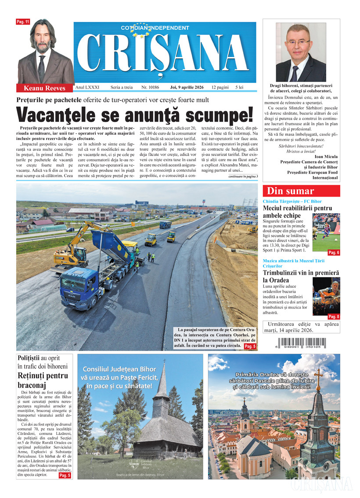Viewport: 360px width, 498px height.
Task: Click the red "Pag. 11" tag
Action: (x=22, y=21)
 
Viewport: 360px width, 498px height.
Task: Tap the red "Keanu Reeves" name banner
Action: (x=44, y=88)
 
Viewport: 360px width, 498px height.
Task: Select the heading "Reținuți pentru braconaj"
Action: (x=43, y=380)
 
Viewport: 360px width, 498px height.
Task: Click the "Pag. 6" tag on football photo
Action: (x=334, y=253)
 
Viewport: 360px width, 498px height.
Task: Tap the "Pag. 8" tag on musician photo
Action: (x=334, y=316)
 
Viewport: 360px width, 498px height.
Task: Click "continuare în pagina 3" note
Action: (x=243, y=176)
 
